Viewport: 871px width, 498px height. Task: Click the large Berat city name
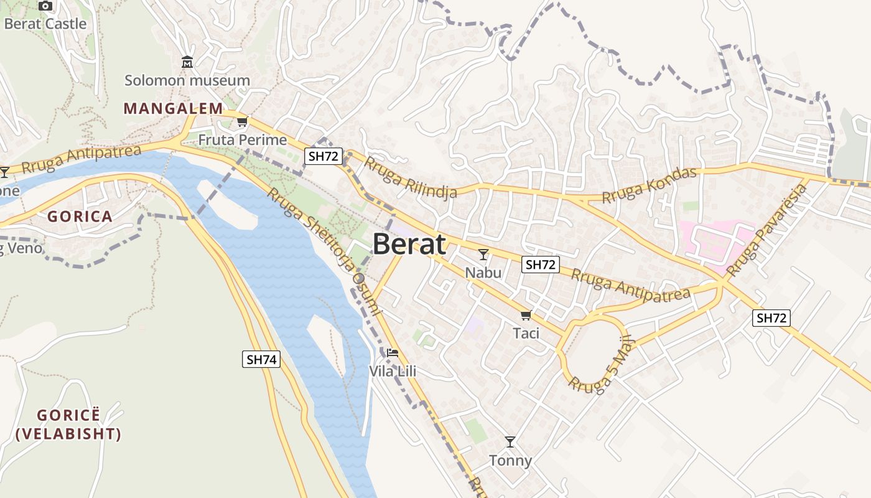click(409, 245)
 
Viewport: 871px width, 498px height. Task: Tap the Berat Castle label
click(45, 24)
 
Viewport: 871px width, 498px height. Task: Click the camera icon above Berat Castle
click(45, 6)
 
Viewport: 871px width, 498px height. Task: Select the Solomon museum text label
click(187, 80)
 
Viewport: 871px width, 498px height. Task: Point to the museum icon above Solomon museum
click(187, 62)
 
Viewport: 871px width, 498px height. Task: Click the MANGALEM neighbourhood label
click(173, 108)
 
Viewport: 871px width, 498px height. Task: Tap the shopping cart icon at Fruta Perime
click(242, 122)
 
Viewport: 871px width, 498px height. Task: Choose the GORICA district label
click(80, 217)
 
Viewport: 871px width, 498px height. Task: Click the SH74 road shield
click(261, 359)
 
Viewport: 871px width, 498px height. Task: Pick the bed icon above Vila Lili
click(392, 353)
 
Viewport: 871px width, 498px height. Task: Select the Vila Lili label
click(393, 372)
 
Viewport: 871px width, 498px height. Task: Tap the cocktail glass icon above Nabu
click(483, 254)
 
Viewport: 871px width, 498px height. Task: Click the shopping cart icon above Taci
click(526, 315)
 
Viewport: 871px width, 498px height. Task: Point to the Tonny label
click(510, 461)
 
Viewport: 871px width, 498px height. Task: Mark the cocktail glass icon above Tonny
click(510, 442)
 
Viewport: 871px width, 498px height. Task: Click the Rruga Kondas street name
click(650, 185)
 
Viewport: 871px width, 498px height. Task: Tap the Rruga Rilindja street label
click(410, 177)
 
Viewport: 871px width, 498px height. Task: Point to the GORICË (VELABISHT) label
click(68, 425)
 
